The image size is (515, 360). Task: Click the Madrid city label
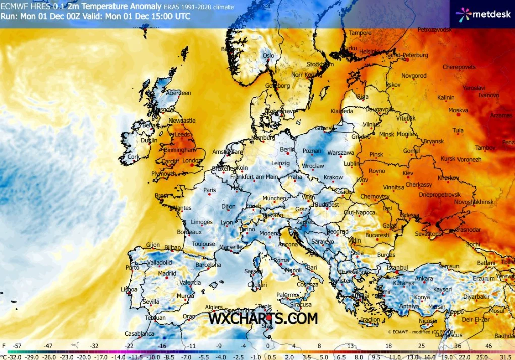pos(167,274)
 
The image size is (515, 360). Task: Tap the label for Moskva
pos(458,110)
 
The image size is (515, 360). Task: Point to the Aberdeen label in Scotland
pos(179,93)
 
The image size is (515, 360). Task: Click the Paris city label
pos(209,190)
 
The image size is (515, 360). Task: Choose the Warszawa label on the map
pos(341,152)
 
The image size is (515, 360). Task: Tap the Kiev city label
pos(407,173)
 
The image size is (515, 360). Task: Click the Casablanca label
pos(140,334)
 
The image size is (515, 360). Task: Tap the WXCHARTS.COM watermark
pos(263,318)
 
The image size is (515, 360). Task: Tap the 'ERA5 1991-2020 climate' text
pos(199,7)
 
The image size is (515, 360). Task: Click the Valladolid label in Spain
pos(162,263)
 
